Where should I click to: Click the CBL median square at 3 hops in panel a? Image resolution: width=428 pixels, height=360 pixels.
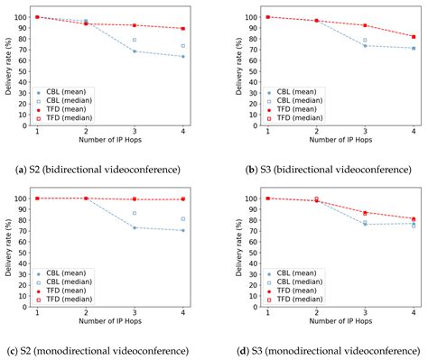coord(134,40)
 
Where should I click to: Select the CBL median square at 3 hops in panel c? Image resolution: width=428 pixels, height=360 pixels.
coord(134,213)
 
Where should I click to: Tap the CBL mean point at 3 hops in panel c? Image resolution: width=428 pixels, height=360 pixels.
coord(134,227)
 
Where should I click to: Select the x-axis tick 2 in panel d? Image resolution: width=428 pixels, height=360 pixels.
coord(316,314)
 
